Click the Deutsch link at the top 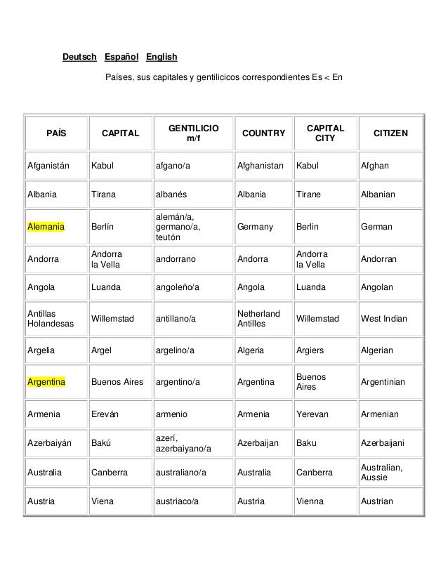(79, 56)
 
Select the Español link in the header (122, 56)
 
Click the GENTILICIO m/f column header (193, 133)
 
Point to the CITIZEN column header (393, 133)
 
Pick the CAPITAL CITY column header (325, 133)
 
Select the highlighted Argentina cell (46, 382)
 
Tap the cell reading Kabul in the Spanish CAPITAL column (103, 166)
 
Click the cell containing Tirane (310, 195)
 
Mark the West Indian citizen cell (383, 319)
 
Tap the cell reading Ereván (105, 414)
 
